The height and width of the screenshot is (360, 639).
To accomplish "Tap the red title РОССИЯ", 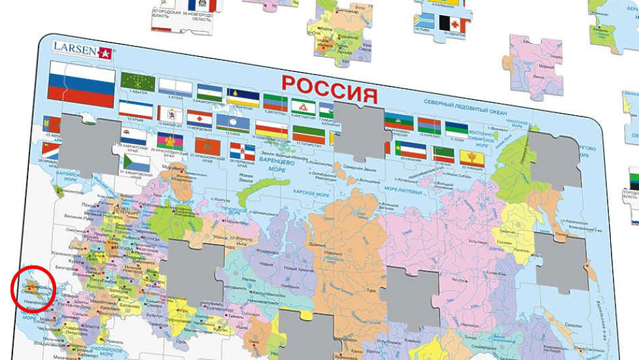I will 329,88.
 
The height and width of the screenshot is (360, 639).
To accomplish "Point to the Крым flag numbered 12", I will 136,109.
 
